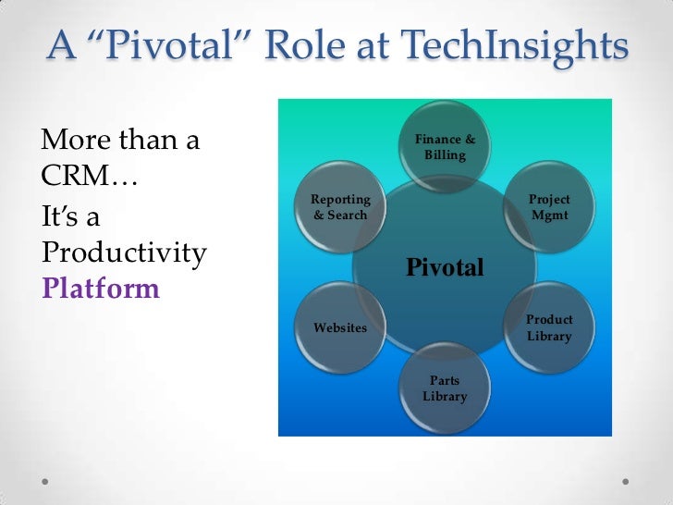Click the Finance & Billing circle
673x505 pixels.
(x=445, y=148)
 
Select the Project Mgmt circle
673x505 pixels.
(x=549, y=207)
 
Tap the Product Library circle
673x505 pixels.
(x=549, y=327)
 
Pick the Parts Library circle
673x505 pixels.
(x=445, y=388)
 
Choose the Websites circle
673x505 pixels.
(x=340, y=327)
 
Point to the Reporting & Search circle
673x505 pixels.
(x=340, y=207)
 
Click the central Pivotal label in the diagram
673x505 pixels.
(x=445, y=268)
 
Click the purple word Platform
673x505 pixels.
(x=101, y=289)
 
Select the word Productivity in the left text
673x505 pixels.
(x=124, y=253)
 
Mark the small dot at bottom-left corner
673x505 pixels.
(x=46, y=482)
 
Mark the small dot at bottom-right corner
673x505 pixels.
(x=627, y=482)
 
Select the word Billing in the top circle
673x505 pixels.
(x=445, y=155)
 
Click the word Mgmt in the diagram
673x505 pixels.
(x=549, y=215)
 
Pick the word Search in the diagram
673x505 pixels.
(x=347, y=215)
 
